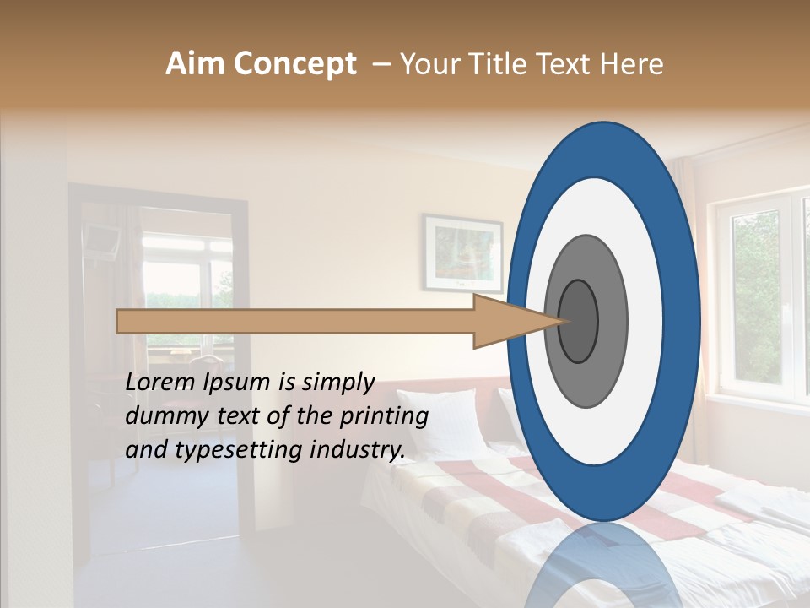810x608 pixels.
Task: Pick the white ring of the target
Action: pos(645,321)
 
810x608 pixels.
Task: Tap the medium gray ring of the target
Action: pos(613,321)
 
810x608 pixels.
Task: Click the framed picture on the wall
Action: pos(462,252)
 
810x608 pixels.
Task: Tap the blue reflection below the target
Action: pos(603,566)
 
